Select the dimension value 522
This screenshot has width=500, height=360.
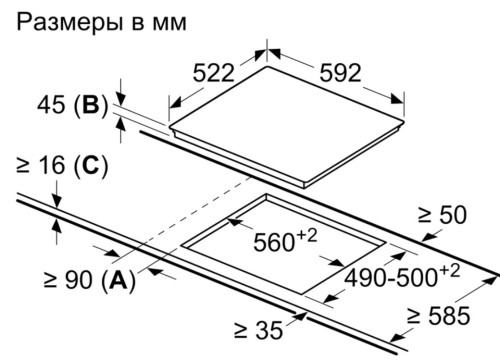(x=212, y=73)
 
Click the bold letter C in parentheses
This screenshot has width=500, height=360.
(x=87, y=166)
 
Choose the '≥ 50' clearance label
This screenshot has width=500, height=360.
(x=444, y=214)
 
